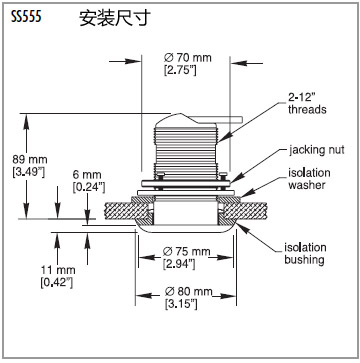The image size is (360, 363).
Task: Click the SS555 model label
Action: coord(26,17)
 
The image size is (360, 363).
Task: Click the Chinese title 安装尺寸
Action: coord(115,18)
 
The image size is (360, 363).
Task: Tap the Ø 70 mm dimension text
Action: coord(188,58)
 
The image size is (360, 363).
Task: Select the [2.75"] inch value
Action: coord(180,71)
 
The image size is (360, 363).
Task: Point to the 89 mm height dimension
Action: coord(30,160)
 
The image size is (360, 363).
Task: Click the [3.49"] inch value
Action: coord(28,172)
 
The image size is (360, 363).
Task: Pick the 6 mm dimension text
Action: coord(87,175)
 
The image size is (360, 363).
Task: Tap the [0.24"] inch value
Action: coord(89,187)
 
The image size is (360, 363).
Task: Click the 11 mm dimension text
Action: coord(58,270)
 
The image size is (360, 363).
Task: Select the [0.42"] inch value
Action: coord(56,283)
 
